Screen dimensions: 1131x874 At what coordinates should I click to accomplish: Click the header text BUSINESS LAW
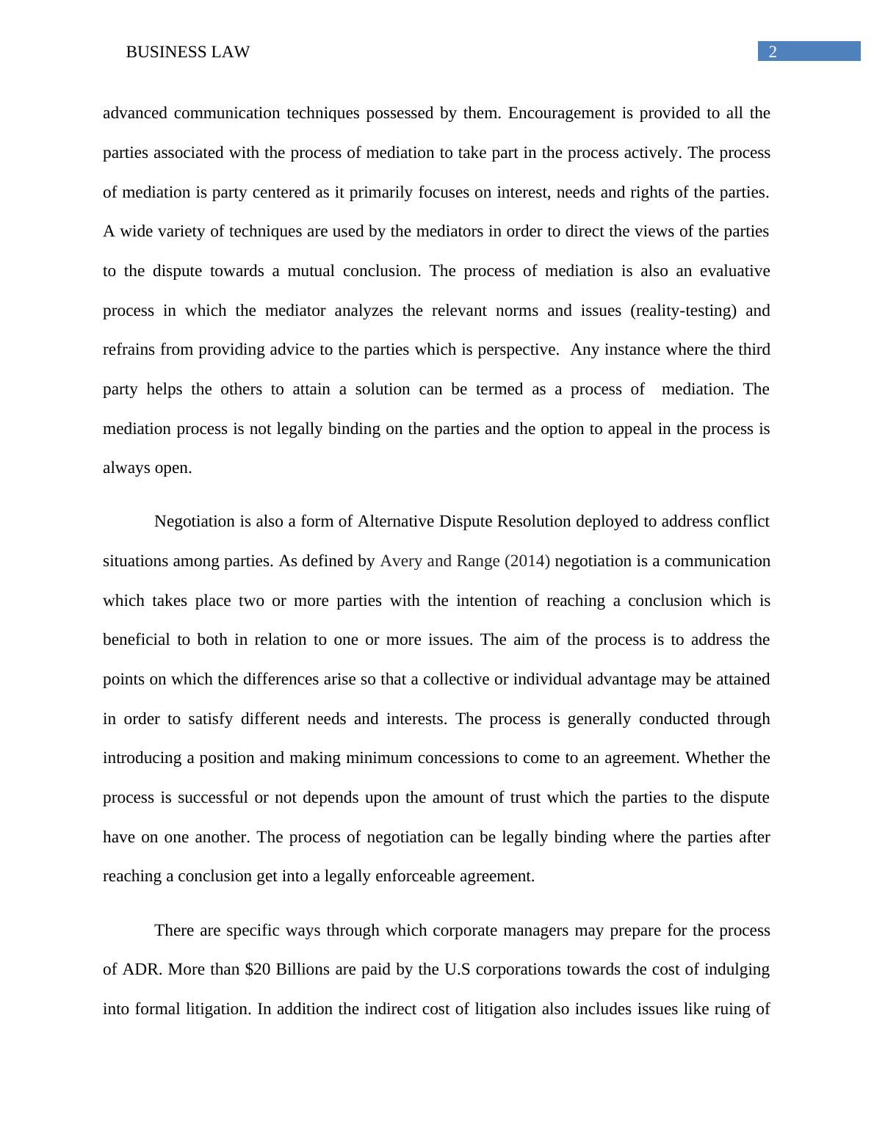click(188, 52)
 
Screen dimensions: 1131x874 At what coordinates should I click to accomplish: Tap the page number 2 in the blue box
click(773, 51)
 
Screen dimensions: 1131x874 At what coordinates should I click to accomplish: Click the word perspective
click(518, 350)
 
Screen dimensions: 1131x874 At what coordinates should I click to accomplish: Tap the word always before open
click(126, 469)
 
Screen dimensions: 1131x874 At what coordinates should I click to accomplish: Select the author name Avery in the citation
click(401, 561)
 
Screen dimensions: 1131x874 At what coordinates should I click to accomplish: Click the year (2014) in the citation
click(527, 561)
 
